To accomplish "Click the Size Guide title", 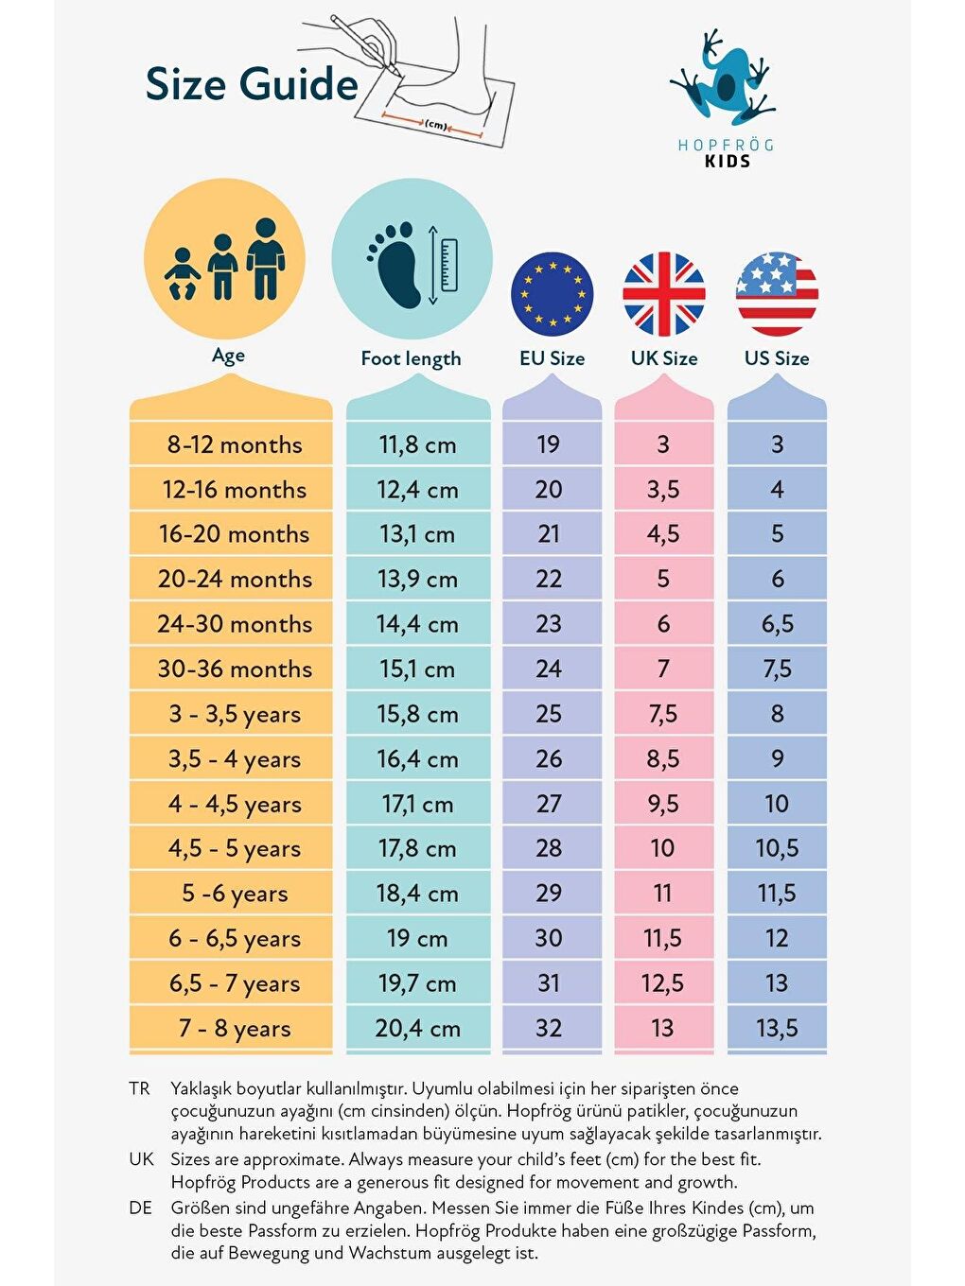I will coord(252,84).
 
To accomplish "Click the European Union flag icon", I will coord(553,294).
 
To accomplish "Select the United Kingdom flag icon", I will coord(664,294).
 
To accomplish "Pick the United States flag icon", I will coord(777,294).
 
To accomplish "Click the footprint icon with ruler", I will coord(412,265).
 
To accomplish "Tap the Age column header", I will coord(228,356).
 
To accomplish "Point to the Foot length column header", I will coord(411,358).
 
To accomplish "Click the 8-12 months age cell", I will coord(234,444).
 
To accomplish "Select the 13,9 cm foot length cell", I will coord(417,579).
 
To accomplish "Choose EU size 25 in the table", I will coord(549,714).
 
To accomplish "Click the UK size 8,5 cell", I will coord(663,758).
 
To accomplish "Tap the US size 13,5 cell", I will coord(777,1028).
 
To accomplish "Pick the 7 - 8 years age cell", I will coord(234,1028).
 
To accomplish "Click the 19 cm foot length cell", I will coord(417,939).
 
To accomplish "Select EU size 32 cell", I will coord(549,1028).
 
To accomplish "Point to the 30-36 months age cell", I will coord(234,669).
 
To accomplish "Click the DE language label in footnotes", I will coord(140,1208).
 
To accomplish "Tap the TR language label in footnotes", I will coord(139,1088).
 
